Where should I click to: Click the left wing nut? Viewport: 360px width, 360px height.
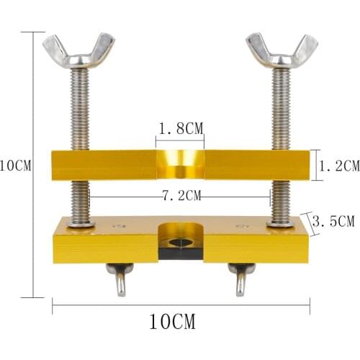[78, 49]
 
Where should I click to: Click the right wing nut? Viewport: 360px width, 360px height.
[282, 49]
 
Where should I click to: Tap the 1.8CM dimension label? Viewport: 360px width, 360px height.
[180, 128]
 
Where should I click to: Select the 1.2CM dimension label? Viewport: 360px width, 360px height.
[338, 166]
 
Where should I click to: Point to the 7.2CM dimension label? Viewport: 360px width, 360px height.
[180, 195]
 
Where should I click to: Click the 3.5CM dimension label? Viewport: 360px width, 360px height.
[336, 222]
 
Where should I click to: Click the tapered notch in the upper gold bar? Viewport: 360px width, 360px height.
[180, 164]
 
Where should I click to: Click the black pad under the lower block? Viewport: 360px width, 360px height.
[180, 253]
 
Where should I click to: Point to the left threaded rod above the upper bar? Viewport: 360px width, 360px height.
[80, 108]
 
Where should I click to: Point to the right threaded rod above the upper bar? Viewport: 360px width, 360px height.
[281, 108]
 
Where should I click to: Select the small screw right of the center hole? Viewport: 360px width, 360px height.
[238, 227]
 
